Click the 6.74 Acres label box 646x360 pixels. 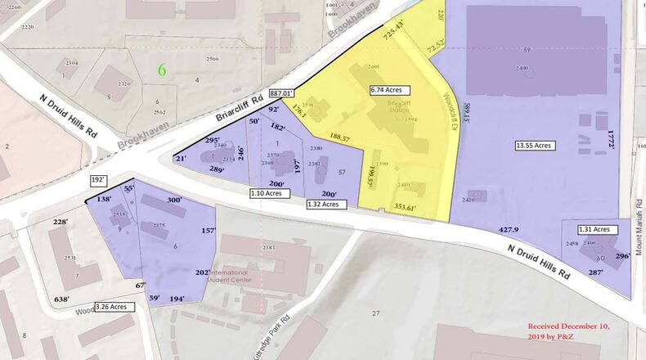click(389, 90)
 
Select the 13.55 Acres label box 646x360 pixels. click(535, 146)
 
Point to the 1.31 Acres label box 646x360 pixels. click(594, 230)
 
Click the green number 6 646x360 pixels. click(162, 70)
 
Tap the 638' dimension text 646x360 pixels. click(62, 299)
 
